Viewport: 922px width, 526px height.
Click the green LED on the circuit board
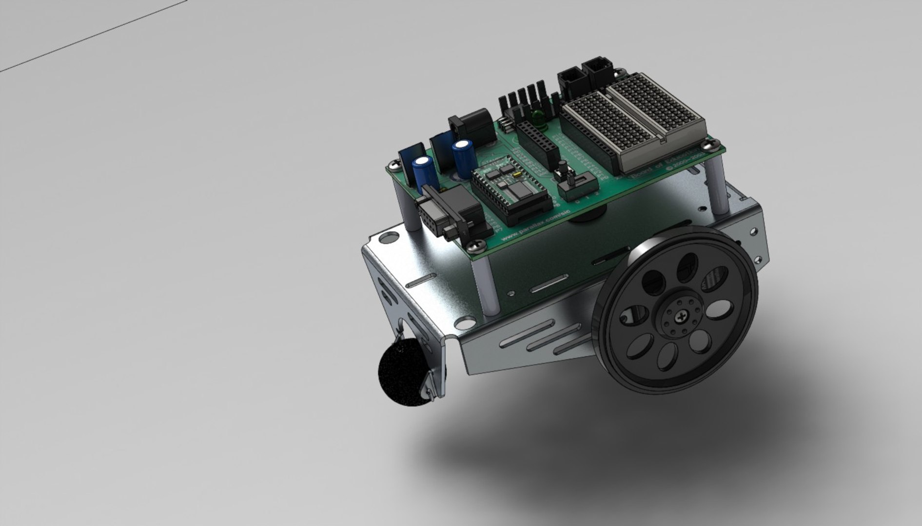click(538, 117)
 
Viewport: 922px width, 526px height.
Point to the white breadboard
click(634, 122)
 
